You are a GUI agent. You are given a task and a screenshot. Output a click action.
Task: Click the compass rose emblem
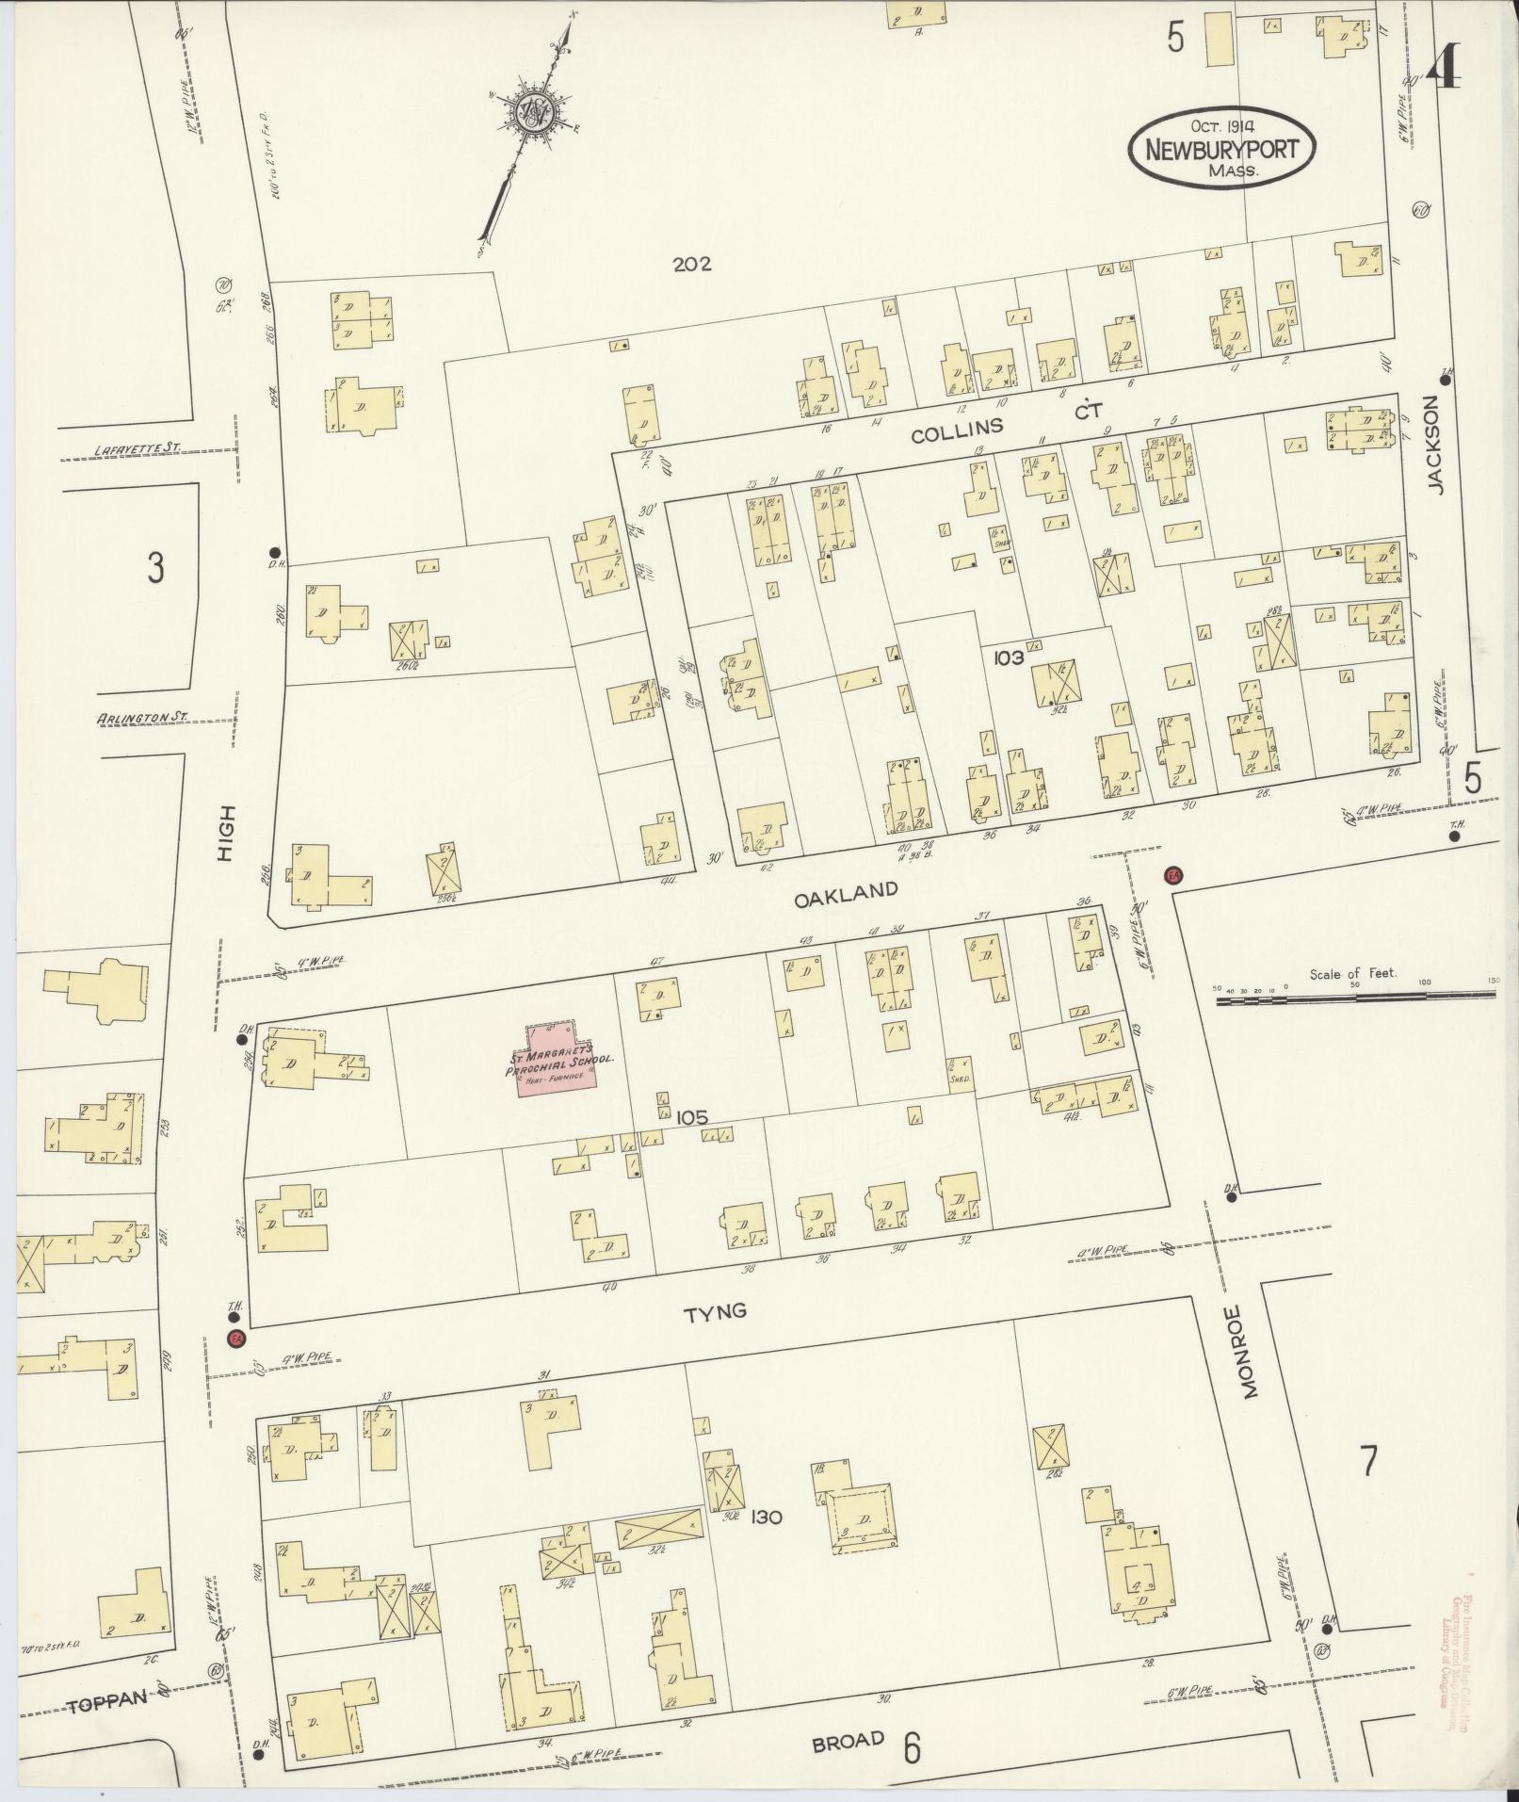point(533,114)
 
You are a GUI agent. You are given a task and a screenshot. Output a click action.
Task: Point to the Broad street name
point(848,1741)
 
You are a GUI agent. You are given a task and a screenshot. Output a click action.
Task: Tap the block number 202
point(692,264)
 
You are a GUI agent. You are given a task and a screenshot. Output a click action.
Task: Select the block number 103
point(1007,657)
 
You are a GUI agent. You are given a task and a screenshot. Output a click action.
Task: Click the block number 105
point(691,1117)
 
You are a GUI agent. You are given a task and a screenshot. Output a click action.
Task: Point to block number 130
point(768,1517)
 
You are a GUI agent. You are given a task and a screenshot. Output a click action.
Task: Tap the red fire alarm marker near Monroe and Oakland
point(1173,875)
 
